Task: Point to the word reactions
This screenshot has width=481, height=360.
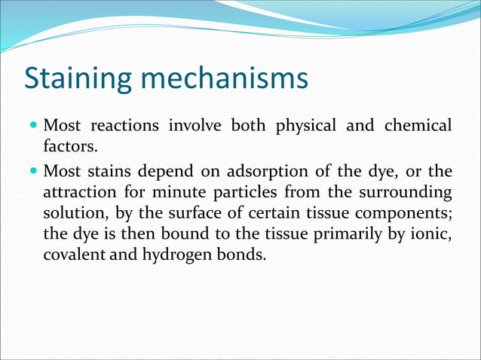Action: [x=122, y=124]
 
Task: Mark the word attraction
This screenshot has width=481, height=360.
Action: [x=85, y=191]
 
